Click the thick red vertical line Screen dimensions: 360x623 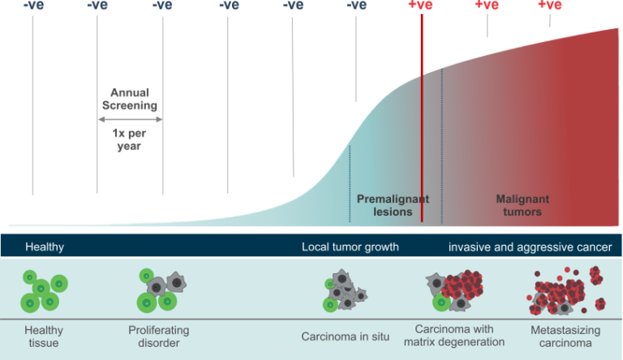[x=422, y=122]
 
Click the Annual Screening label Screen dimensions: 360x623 [x=129, y=99]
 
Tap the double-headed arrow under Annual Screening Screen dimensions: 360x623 [x=130, y=118]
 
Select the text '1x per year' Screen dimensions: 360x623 [x=129, y=139]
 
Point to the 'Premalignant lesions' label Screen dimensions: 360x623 [x=393, y=205]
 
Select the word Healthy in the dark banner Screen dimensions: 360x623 [x=45, y=246]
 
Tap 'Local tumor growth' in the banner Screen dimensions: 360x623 [x=350, y=246]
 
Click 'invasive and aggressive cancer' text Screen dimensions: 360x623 [x=530, y=246]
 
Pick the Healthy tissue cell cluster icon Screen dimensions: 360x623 [x=43, y=291]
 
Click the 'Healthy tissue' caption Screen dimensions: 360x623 [x=44, y=336]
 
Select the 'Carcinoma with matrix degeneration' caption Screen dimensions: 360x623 [x=454, y=336]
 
